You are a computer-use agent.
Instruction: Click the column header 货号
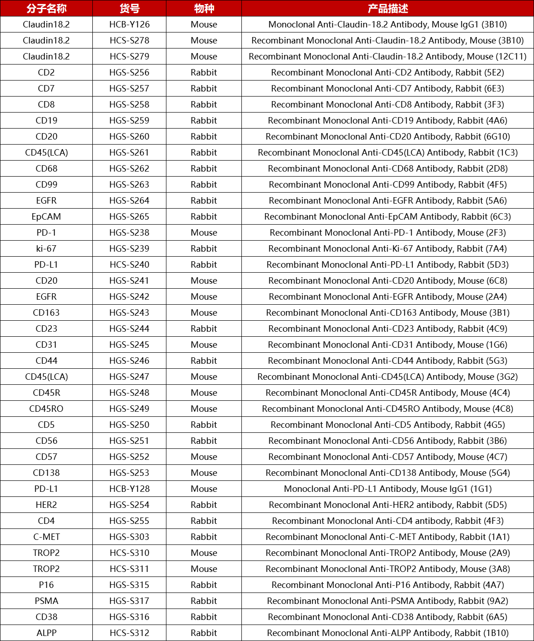pos(129,8)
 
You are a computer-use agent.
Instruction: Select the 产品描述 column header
pos(388,8)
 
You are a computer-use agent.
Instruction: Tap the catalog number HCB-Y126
pos(129,24)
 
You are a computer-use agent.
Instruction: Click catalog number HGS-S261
pos(129,152)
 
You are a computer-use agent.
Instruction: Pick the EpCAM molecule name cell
pos(46,216)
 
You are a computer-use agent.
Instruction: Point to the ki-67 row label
pos(46,248)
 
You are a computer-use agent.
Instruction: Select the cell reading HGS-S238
pos(129,232)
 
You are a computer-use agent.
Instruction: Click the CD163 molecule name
pos(46,312)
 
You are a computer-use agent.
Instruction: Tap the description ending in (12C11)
pos(388,56)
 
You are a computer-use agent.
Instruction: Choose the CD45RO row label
pos(46,409)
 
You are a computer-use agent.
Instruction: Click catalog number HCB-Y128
pos(129,489)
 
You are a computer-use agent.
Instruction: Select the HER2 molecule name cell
pos(46,505)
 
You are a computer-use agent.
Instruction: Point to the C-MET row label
pos(46,537)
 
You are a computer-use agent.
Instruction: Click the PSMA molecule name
pos(46,601)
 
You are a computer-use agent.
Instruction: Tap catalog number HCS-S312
pos(129,633)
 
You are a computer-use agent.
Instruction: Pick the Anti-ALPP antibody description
pos(388,633)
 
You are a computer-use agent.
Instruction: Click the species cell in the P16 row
pos(204,585)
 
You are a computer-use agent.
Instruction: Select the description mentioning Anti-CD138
pos(388,473)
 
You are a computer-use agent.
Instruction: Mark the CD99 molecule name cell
pos(46,184)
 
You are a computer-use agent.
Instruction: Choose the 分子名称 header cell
pos(46,8)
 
